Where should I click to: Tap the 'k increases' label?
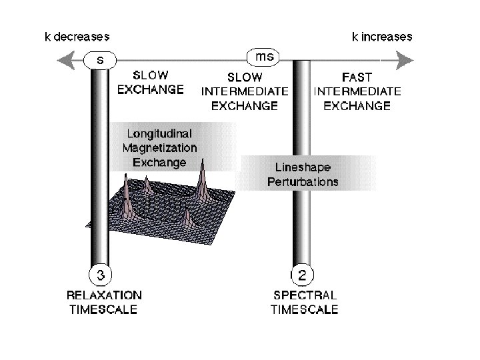[x=382, y=36]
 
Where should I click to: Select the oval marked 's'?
[x=100, y=61]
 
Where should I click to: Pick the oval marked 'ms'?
[x=265, y=57]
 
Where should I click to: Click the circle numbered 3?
[x=100, y=274]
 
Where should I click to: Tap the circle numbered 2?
[x=303, y=274]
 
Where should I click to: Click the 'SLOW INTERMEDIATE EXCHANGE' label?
[x=245, y=91]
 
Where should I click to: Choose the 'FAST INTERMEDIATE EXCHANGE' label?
[x=357, y=91]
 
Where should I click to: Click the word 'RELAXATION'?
[x=104, y=294]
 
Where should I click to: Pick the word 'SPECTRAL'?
[x=305, y=294]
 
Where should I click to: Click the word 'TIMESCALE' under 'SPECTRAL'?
[x=305, y=309]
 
